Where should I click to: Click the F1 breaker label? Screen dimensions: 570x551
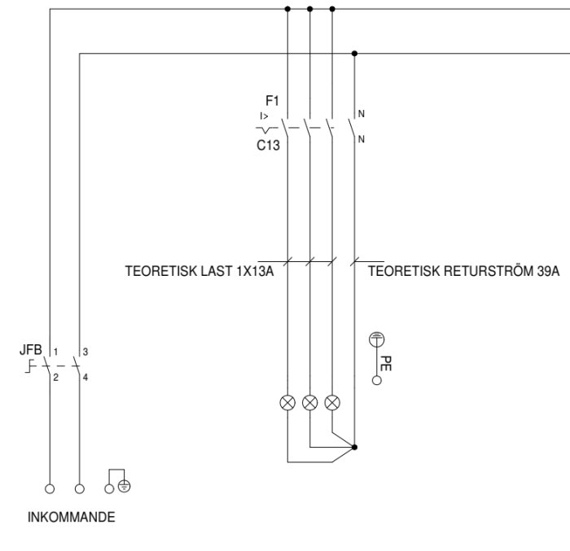click(x=272, y=101)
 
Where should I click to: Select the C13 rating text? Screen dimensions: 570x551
click(x=268, y=146)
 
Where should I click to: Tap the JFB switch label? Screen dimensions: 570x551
click(x=31, y=350)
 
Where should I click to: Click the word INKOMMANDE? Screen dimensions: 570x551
click(x=72, y=517)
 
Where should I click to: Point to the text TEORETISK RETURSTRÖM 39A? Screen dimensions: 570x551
click(x=464, y=271)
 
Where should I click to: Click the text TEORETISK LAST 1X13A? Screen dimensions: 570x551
click(x=199, y=271)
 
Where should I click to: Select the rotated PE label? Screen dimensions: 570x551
click(x=385, y=363)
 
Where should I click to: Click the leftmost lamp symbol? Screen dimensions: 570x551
click(x=287, y=403)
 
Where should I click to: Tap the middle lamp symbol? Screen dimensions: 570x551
click(x=309, y=403)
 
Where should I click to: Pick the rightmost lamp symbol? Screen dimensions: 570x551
click(x=332, y=403)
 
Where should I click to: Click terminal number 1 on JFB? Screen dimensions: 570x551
click(x=55, y=352)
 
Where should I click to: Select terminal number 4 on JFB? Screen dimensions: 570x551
click(x=85, y=378)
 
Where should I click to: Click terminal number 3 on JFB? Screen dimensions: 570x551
click(x=85, y=352)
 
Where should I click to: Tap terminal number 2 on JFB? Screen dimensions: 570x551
click(x=55, y=378)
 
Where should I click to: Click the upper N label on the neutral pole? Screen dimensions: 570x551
click(x=361, y=114)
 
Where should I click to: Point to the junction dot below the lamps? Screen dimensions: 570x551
click(x=354, y=447)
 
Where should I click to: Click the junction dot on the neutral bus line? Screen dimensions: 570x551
click(x=354, y=54)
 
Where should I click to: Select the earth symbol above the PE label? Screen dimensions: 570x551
click(x=376, y=339)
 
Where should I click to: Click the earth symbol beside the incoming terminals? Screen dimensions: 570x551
click(x=125, y=486)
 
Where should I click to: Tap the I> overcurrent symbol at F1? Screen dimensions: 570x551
click(x=265, y=116)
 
